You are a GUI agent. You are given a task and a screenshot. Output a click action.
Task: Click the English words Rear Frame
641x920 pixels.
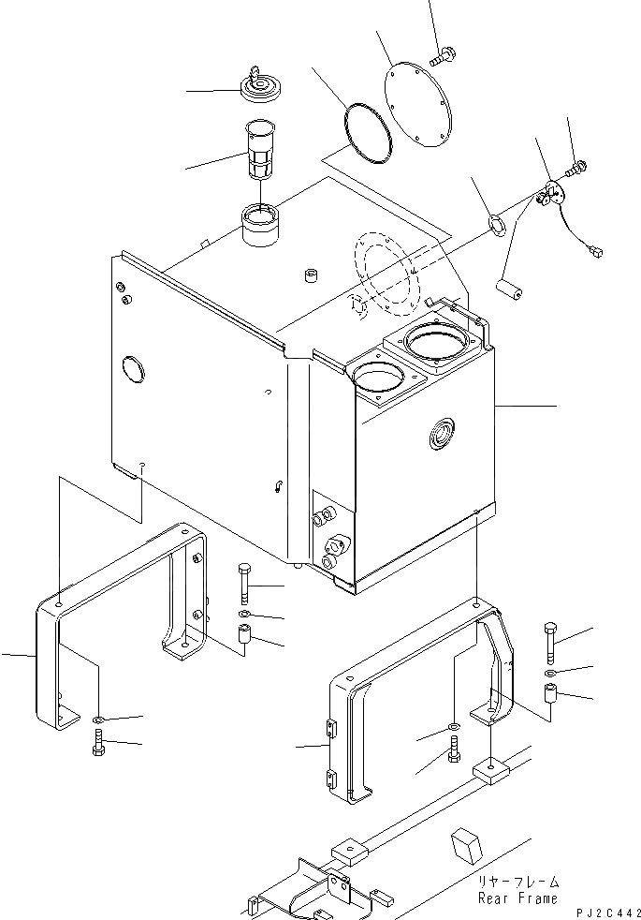(517, 898)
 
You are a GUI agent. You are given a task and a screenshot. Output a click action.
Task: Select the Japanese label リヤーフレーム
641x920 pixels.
(519, 882)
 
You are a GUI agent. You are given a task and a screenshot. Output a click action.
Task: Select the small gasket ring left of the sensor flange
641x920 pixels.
(496, 224)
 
